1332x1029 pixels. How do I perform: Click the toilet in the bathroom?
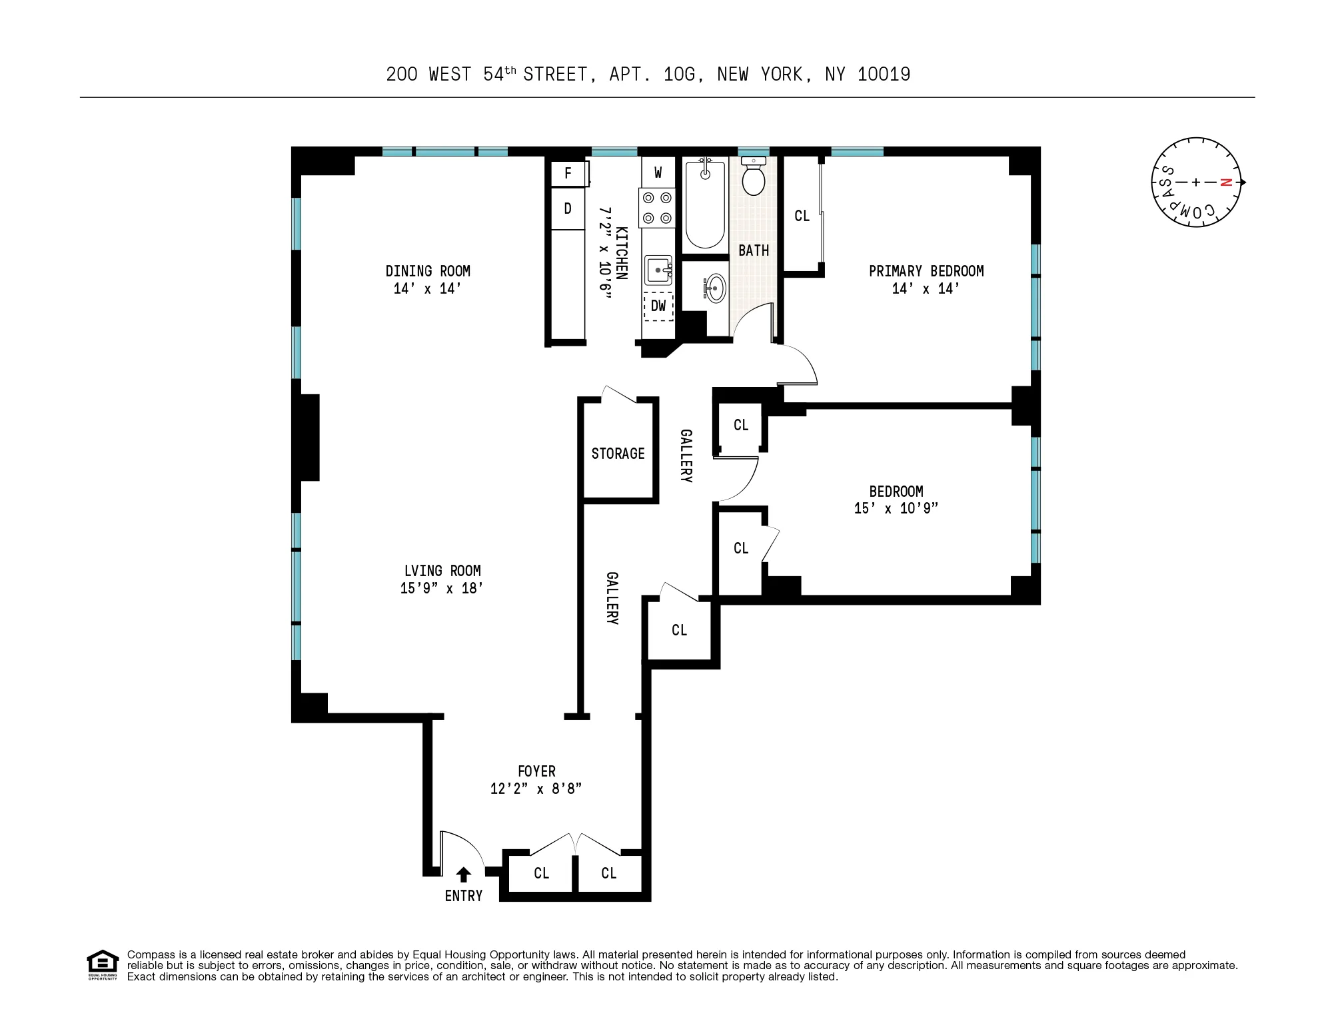754,177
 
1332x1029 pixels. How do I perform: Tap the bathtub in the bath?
705,204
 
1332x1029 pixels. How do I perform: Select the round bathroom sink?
715,288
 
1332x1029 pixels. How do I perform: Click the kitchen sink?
658,270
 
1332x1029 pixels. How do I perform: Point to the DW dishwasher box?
658,306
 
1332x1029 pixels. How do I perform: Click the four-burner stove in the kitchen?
657,208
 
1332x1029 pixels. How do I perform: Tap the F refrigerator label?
568,174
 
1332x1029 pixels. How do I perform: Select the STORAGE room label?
618,454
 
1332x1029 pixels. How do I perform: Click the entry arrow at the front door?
464,874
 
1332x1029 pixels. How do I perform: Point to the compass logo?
1196,182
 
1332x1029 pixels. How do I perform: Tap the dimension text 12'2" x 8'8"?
536,789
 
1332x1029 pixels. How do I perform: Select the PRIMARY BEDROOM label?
926,271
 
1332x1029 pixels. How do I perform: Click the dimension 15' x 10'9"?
896,508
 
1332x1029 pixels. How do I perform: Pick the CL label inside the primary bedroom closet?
802,216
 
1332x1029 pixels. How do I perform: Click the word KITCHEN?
621,253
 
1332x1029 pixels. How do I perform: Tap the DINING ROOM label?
428,271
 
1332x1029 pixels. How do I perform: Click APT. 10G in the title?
656,75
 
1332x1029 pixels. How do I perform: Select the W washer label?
658,173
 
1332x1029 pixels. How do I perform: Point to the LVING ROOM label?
442,571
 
